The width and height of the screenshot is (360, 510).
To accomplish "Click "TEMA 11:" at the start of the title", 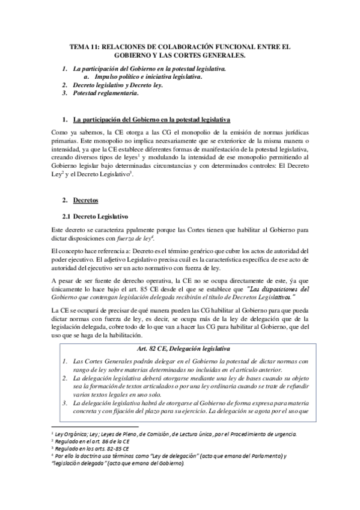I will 84,46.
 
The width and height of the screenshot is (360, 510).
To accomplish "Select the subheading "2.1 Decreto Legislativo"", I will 96,215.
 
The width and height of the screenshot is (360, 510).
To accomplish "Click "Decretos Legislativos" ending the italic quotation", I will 264,297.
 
